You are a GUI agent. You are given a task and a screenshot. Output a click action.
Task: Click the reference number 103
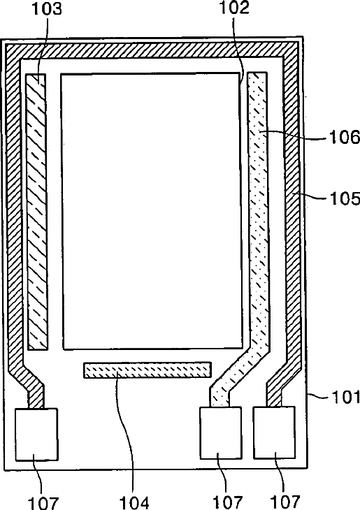click(x=46, y=9)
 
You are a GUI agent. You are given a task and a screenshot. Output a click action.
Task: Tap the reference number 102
click(x=234, y=8)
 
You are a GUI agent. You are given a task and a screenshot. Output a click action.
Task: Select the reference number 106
click(x=345, y=137)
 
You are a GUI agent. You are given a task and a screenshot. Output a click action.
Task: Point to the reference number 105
click(x=345, y=198)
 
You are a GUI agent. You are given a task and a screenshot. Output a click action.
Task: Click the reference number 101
click(x=346, y=397)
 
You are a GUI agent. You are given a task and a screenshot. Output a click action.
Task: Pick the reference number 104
click(x=134, y=502)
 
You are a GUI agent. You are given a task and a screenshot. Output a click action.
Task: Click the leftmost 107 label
click(x=43, y=503)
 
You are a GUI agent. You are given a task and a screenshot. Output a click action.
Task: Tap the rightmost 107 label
click(x=285, y=502)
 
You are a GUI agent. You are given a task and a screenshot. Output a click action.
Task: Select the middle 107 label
click(x=227, y=502)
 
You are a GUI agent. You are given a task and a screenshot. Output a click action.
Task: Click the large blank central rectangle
click(x=152, y=211)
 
